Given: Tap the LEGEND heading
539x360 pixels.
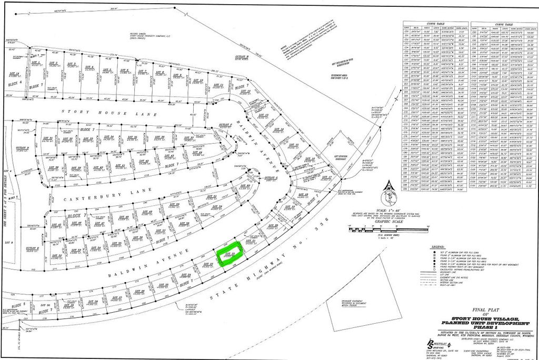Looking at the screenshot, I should click(x=440, y=246).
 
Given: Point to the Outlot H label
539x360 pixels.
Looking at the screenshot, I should click(x=242, y=56).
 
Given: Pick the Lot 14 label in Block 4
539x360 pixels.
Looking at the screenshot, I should click(x=14, y=74).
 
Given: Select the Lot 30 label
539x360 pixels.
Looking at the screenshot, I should click(x=44, y=305).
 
